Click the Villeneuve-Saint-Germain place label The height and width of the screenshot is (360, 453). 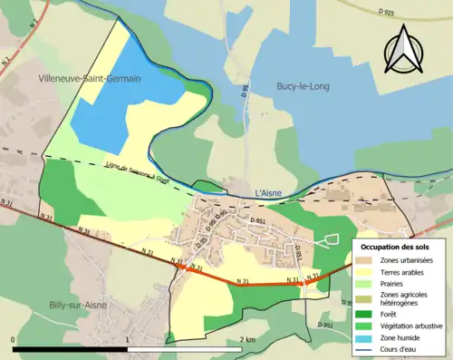(x=90, y=80)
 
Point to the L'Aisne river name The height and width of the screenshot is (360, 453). (x=270, y=193)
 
